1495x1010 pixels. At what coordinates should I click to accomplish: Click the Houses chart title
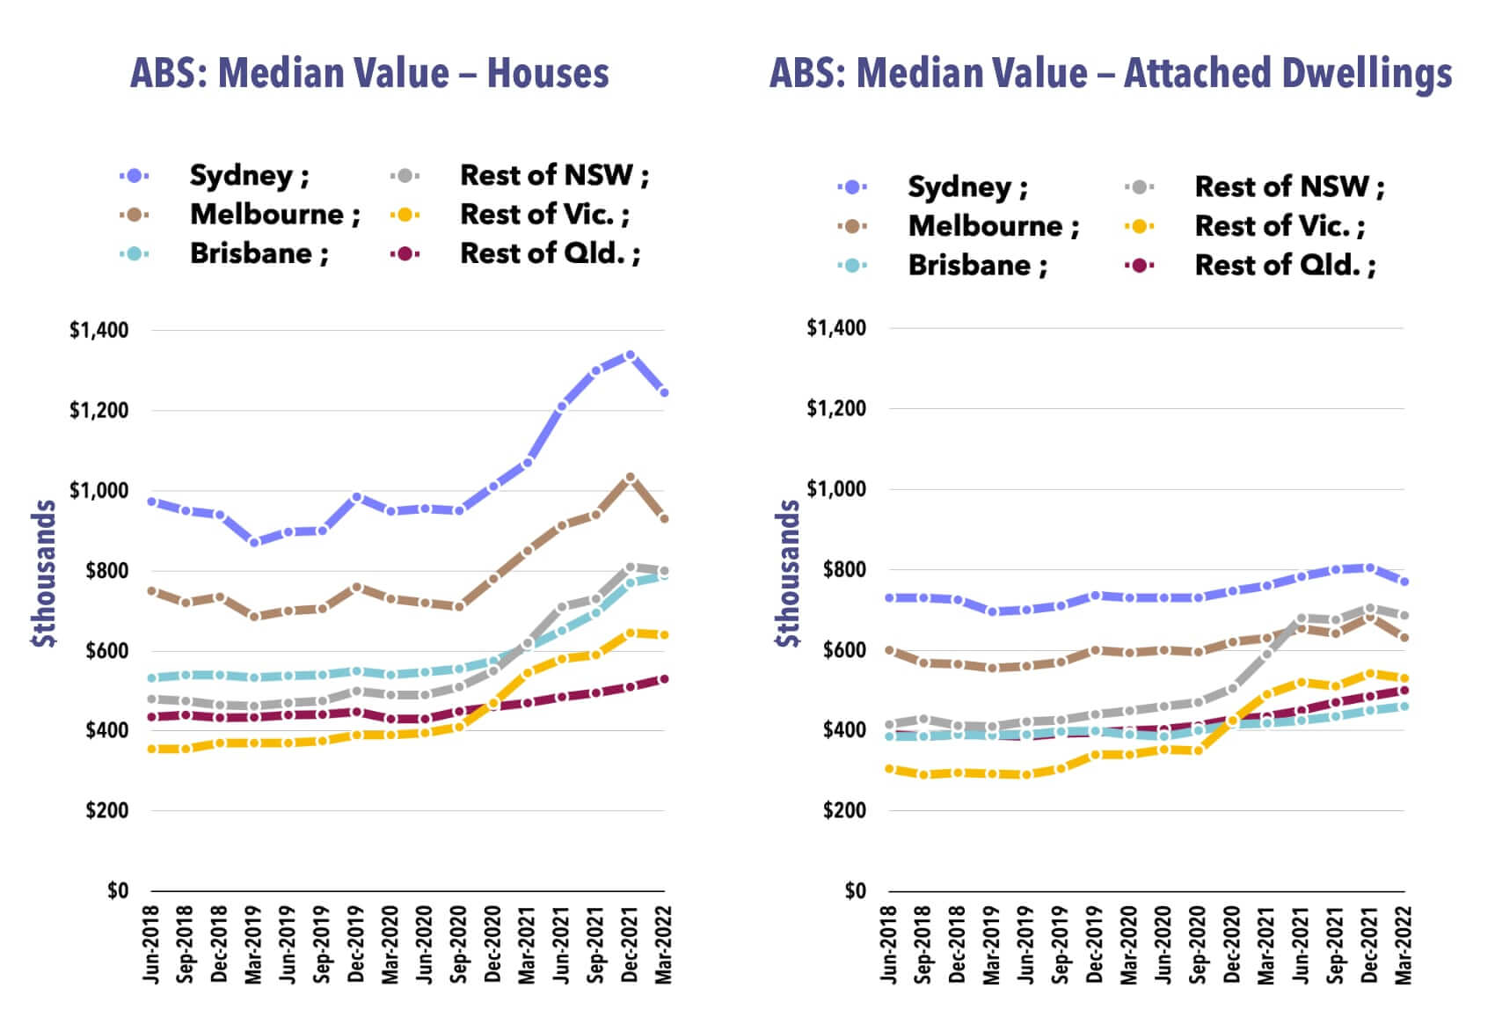tap(369, 73)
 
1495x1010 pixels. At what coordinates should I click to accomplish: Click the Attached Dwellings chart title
tap(1110, 73)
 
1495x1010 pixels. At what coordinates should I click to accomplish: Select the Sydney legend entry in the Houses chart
tap(249, 176)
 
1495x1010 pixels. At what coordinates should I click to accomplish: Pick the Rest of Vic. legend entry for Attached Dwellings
tap(1279, 226)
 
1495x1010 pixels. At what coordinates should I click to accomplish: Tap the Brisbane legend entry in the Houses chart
tap(259, 253)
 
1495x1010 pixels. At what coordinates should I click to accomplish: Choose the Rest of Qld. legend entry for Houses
tap(550, 253)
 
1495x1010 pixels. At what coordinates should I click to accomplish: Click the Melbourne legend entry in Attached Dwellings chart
tap(993, 226)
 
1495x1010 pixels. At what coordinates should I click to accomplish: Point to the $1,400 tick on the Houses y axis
tap(98, 331)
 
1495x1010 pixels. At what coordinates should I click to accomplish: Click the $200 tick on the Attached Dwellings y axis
tap(844, 810)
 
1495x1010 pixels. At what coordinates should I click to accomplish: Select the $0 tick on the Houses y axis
tap(118, 891)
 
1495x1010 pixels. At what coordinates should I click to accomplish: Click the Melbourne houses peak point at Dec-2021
tap(630, 478)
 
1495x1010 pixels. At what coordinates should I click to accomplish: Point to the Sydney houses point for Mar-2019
tap(254, 542)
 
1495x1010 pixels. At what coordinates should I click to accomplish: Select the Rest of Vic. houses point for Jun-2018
tap(152, 749)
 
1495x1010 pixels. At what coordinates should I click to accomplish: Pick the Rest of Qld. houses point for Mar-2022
tap(664, 679)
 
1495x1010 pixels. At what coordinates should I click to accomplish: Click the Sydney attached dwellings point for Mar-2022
tap(1404, 582)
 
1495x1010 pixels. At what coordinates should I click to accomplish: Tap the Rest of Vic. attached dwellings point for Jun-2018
tap(890, 769)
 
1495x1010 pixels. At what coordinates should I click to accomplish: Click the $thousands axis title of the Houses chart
tap(44, 573)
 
